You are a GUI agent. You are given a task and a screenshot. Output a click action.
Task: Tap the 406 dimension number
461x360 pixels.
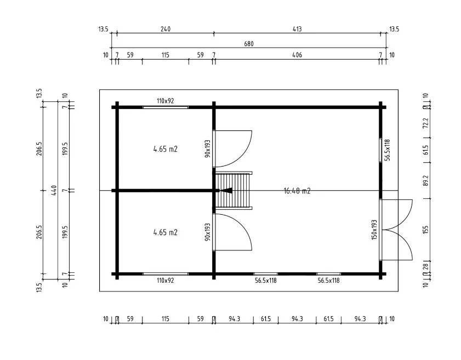(x=297, y=55)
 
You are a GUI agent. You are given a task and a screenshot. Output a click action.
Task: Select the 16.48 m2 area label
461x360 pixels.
(x=297, y=191)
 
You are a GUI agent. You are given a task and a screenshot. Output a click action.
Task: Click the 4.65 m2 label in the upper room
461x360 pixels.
(x=165, y=148)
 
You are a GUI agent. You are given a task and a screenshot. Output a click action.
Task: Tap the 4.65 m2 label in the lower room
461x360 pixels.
(x=165, y=232)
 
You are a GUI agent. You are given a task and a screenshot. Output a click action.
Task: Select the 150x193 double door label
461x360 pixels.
(x=375, y=230)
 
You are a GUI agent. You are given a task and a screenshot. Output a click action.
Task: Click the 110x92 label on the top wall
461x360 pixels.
(x=165, y=101)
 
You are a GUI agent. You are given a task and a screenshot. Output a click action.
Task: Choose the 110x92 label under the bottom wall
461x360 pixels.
(x=165, y=281)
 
